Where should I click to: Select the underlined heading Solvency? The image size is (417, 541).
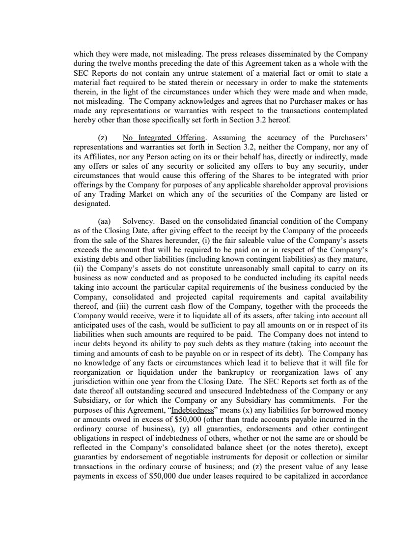coord(138,221)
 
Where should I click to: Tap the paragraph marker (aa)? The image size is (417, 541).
coord(110,221)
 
